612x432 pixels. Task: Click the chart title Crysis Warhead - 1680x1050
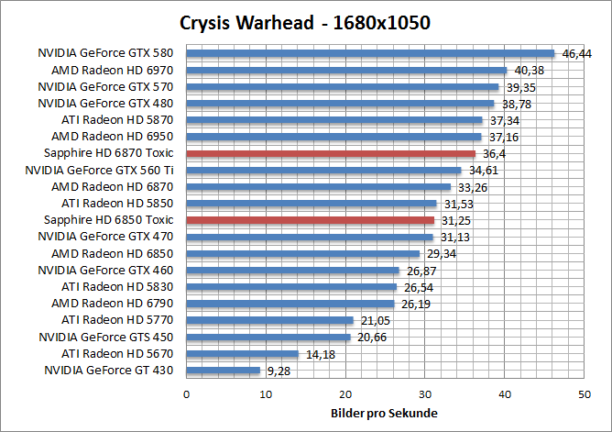[x=305, y=21]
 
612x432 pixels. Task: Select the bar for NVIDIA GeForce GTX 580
[x=370, y=53]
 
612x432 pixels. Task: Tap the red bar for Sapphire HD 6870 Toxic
[x=331, y=153]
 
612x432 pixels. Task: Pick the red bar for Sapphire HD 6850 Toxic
[x=310, y=220]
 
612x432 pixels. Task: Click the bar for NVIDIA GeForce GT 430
[x=223, y=371]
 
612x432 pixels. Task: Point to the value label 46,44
[x=576, y=54]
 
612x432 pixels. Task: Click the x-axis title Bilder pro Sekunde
[x=384, y=413]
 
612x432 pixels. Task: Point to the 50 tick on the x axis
[x=584, y=393]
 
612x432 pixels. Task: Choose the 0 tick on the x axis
[x=187, y=393]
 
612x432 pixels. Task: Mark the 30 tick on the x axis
[x=425, y=393]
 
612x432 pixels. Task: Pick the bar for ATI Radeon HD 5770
[x=269, y=320]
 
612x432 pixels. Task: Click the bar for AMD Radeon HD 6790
[x=290, y=304]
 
